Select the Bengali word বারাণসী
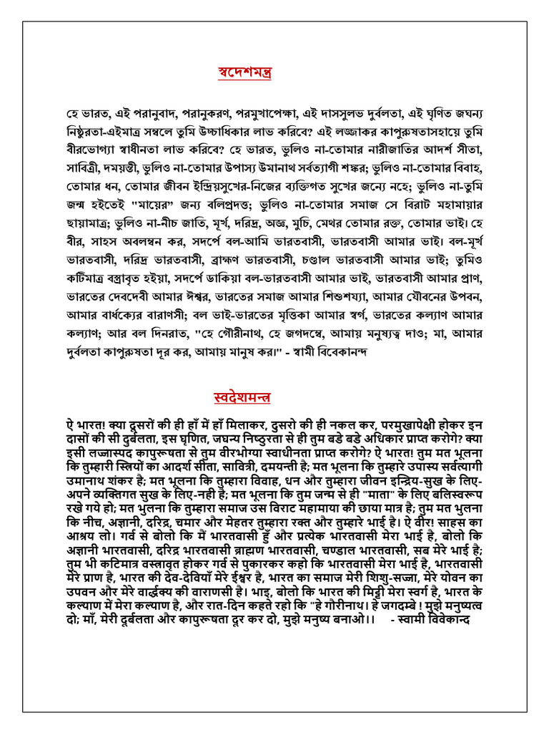(x=181, y=319)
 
